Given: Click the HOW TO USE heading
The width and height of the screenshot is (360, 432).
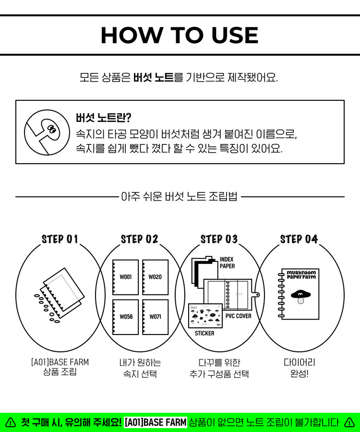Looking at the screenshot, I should point(180,35).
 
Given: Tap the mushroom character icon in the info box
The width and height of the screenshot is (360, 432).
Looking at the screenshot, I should point(47,132).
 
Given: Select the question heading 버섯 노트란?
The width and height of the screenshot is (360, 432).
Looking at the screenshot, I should point(104,118).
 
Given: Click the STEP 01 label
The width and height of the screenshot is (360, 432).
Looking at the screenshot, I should point(60,239).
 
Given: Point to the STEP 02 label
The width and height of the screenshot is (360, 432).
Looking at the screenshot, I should point(139,239).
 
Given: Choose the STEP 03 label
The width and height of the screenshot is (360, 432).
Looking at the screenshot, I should point(219,239).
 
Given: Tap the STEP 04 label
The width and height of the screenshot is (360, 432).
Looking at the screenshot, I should point(299,239).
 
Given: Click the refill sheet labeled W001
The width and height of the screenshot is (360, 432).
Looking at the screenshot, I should point(125,277).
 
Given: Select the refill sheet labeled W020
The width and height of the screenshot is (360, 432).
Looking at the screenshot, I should point(155,277).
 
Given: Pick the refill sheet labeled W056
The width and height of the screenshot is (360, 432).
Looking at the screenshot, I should point(125,317).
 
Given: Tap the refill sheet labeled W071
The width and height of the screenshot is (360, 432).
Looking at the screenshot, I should point(155,317).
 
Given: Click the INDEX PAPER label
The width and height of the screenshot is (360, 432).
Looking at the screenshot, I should point(227,263).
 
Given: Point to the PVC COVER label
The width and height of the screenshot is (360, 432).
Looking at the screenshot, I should point(238,316).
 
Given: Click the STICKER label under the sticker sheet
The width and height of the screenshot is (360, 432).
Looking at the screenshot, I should point(204,333).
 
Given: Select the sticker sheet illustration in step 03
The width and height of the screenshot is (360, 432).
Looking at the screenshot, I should point(205,315).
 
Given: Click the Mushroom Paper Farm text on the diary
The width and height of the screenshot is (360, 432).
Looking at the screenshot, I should point(301,276).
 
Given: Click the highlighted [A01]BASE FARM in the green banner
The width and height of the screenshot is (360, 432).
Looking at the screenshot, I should point(155,422).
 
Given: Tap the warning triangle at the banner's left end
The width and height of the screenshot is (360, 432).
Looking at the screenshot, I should point(11,422).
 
